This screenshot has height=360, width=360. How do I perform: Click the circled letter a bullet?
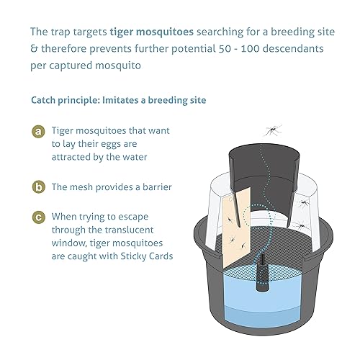click(x=38, y=132)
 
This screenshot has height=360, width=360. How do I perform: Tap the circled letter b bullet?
click(x=38, y=186)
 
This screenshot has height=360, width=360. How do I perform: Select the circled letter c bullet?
click(x=38, y=217)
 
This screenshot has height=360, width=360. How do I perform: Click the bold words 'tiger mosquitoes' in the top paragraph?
click(x=154, y=32)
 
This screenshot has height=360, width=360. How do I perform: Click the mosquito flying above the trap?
click(x=272, y=130)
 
